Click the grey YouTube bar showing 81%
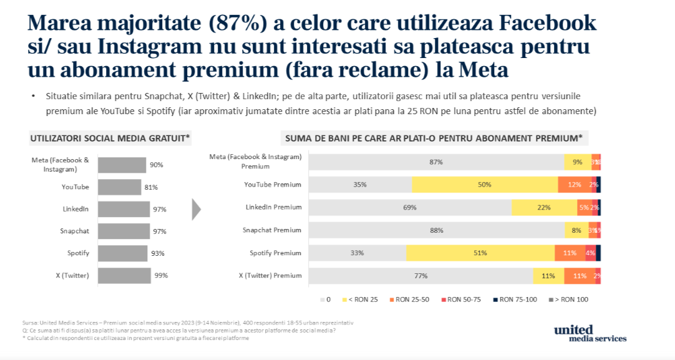coord(120,187)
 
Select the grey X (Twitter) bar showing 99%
coord(124,275)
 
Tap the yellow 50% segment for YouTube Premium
coord(485,185)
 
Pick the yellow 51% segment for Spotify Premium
coord(480,253)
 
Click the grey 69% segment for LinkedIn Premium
coord(410,207)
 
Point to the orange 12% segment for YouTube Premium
coord(575,185)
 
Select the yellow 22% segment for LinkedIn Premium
coord(545,207)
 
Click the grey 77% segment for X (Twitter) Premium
coord(420,275)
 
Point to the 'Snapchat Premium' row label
coord(272,230)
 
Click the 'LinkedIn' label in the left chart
coord(75,209)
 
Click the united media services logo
coord(589,333)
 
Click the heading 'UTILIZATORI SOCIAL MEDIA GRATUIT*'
coord(110,138)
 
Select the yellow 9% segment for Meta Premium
coord(577,162)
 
